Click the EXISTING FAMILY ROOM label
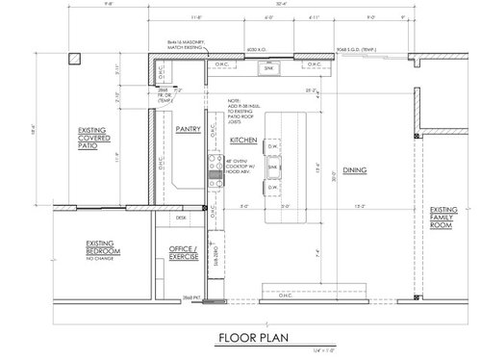point(443,222)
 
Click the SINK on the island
point(273,167)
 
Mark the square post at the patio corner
point(72,58)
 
